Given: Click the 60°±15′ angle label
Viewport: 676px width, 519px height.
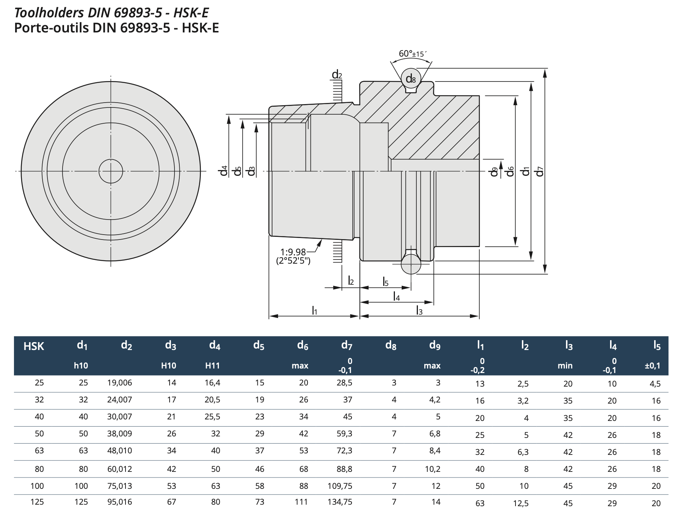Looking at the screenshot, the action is click(x=413, y=54).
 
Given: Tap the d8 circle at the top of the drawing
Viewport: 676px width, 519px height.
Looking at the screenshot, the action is click(x=410, y=78).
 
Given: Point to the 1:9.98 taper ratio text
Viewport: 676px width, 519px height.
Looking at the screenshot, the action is click(x=293, y=252).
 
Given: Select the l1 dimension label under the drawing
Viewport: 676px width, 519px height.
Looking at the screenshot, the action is click(x=315, y=310).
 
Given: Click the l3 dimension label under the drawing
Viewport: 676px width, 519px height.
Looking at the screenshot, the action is click(x=419, y=310).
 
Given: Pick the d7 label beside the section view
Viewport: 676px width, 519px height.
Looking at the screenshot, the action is click(x=540, y=171).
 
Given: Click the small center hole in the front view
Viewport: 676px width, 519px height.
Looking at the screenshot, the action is click(x=111, y=171).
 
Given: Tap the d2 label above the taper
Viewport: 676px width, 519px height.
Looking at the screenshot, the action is click(x=337, y=75).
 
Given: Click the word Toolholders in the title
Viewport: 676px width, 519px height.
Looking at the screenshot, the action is click(x=49, y=13).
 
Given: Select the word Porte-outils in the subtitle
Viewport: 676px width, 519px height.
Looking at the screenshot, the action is click(x=51, y=28).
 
